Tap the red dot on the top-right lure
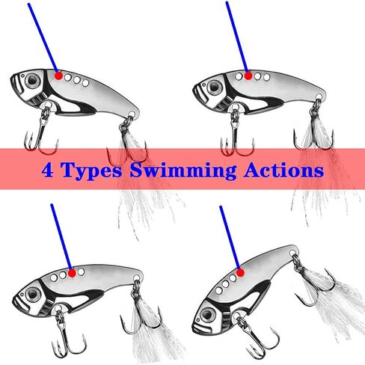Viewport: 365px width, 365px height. point(249,75)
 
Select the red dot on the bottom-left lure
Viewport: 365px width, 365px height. point(73,274)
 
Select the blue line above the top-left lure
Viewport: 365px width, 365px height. point(43,37)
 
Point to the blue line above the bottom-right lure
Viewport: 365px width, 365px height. point(230,239)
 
